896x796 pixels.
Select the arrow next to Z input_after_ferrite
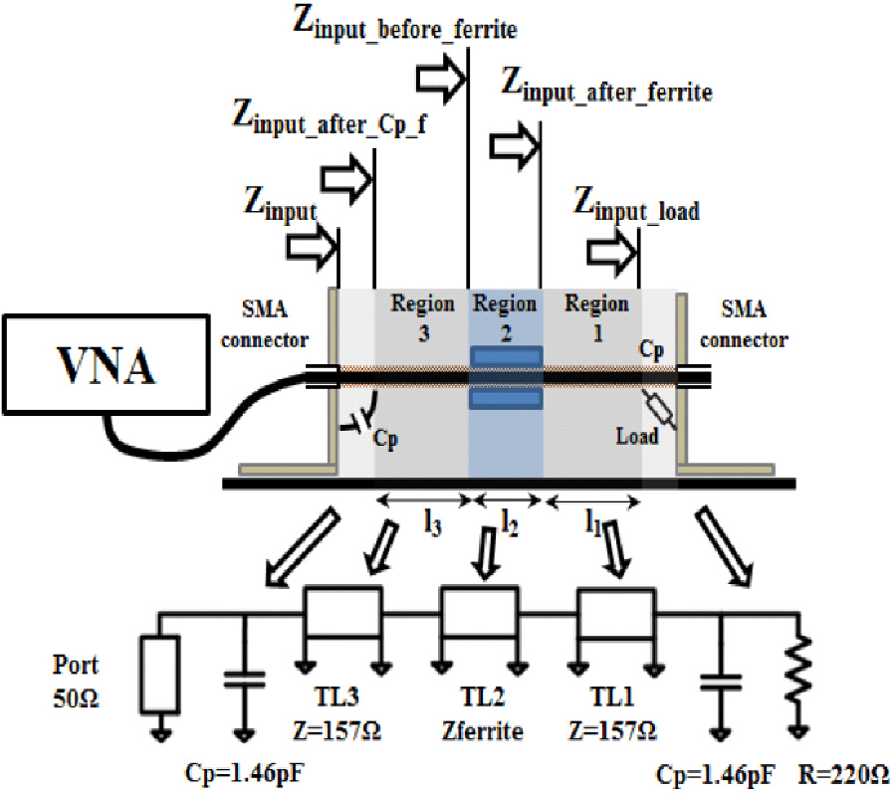tap(514, 146)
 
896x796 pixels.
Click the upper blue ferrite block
tap(507, 356)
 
